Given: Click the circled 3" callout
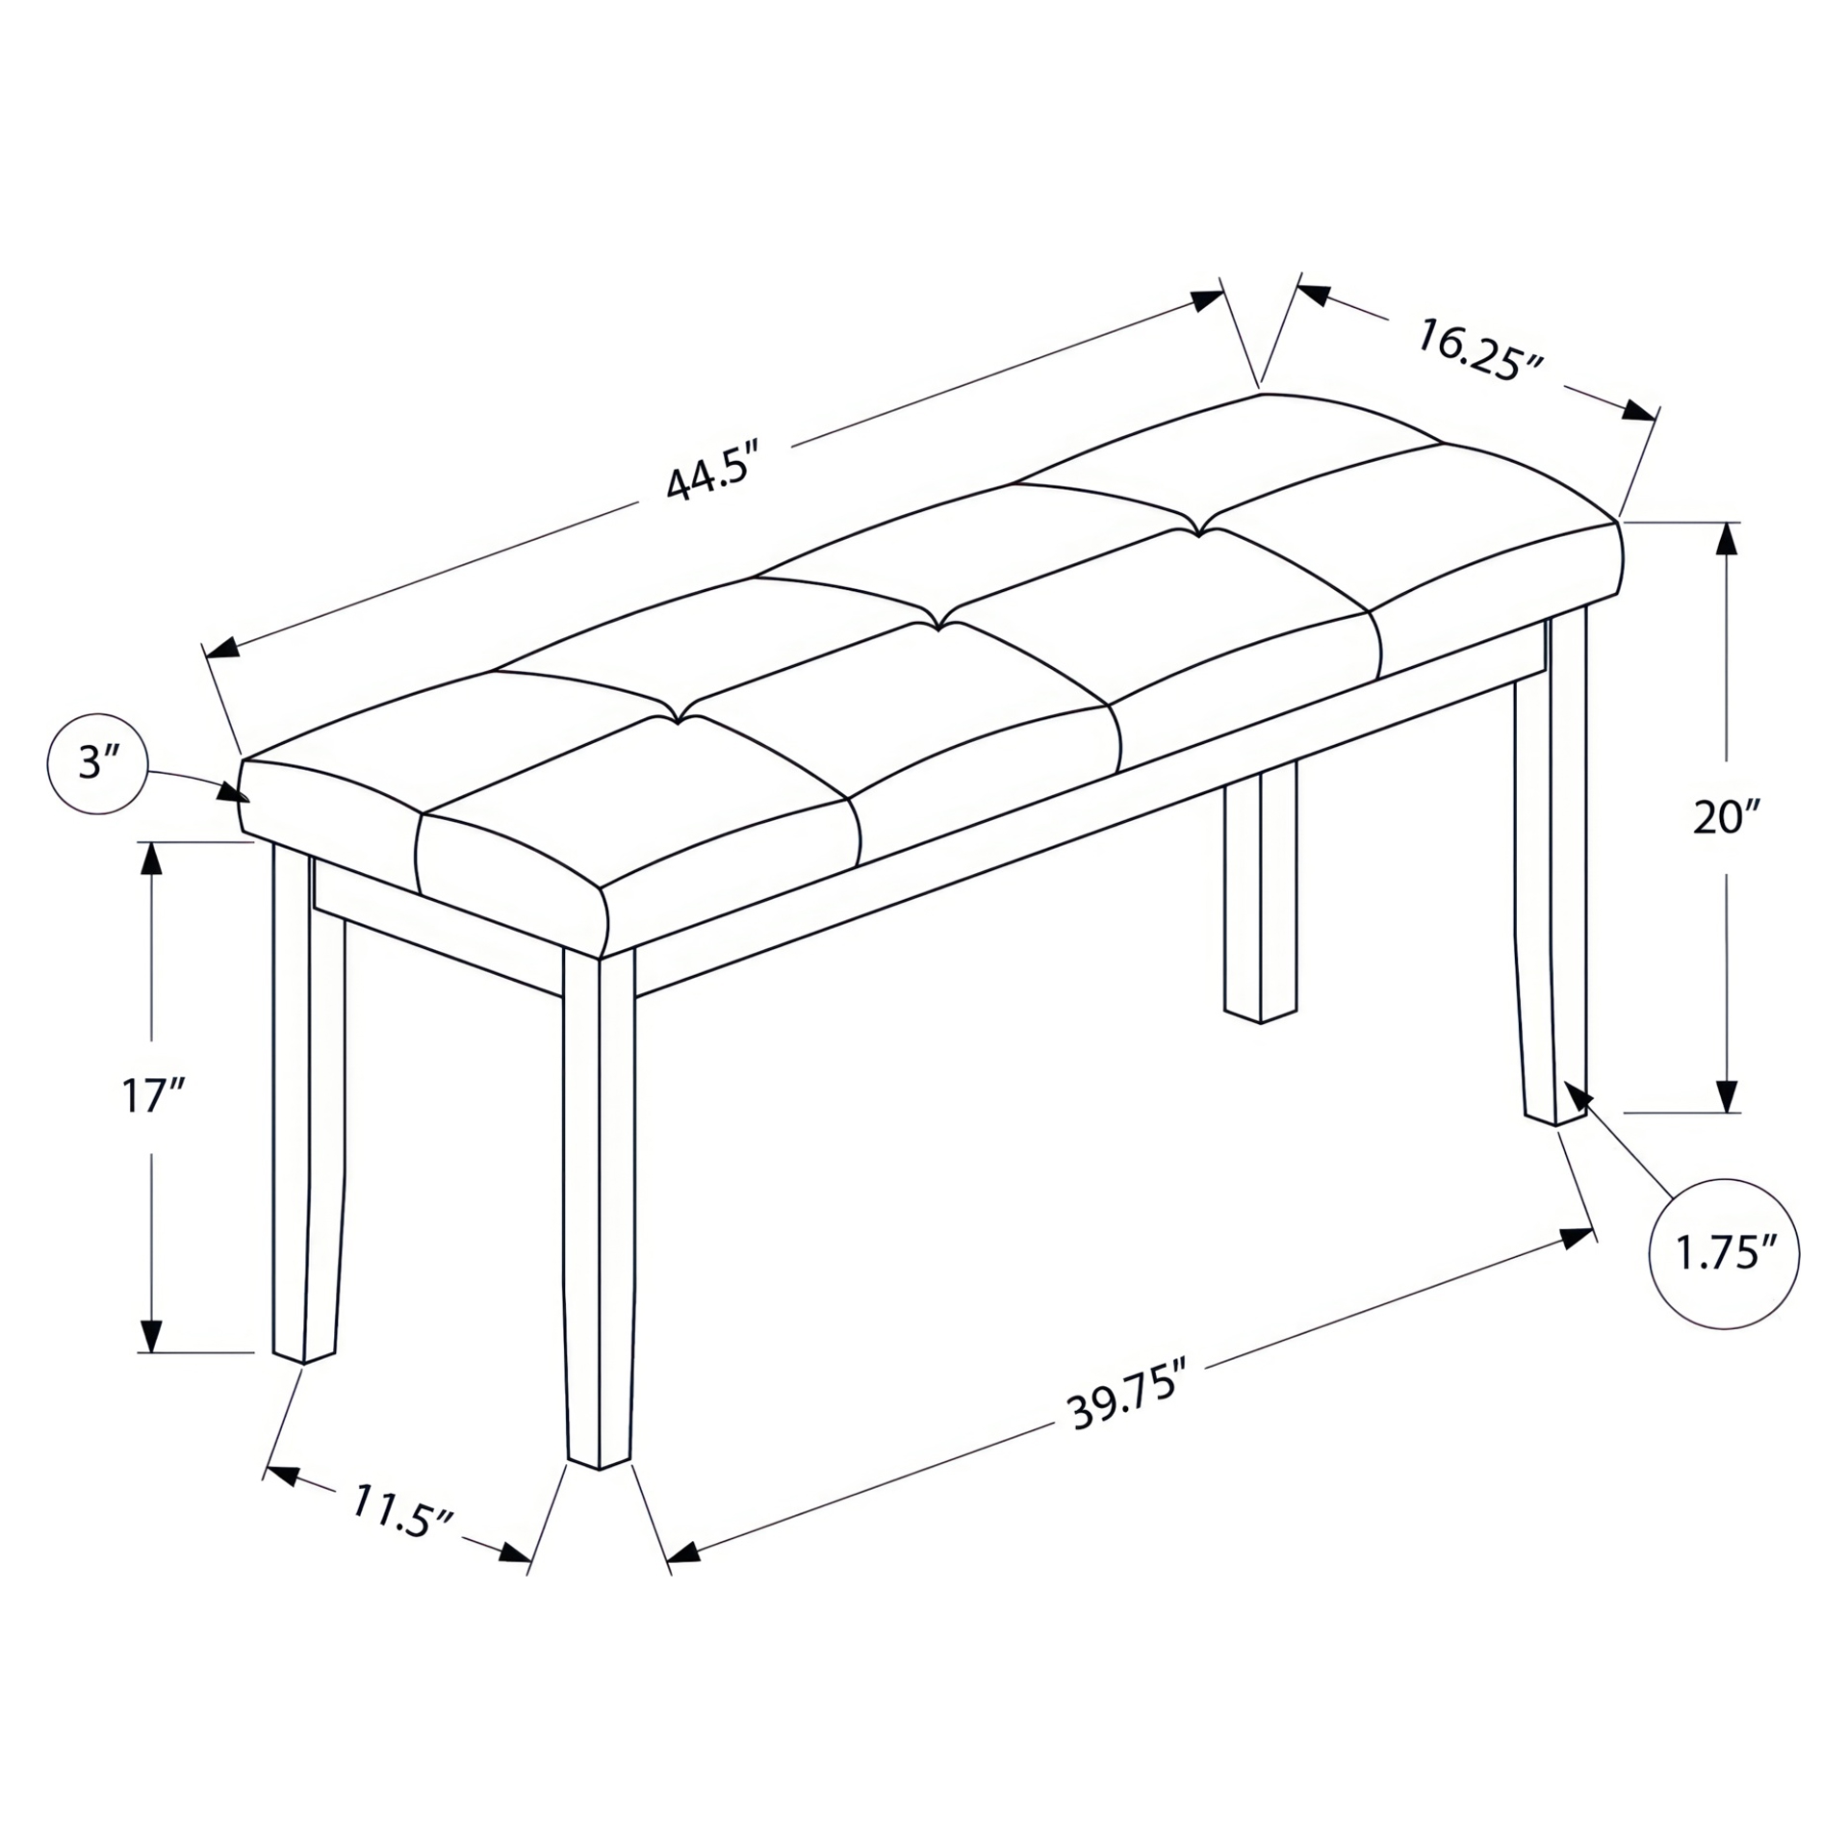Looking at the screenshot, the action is pos(97,765).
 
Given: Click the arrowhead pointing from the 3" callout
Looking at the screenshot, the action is pos(234,792).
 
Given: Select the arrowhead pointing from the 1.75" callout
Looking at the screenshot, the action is pos(1578,1095).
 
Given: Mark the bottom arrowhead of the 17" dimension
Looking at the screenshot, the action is pos(151,1337).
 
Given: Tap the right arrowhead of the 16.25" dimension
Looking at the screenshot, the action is pos(1638,411).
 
